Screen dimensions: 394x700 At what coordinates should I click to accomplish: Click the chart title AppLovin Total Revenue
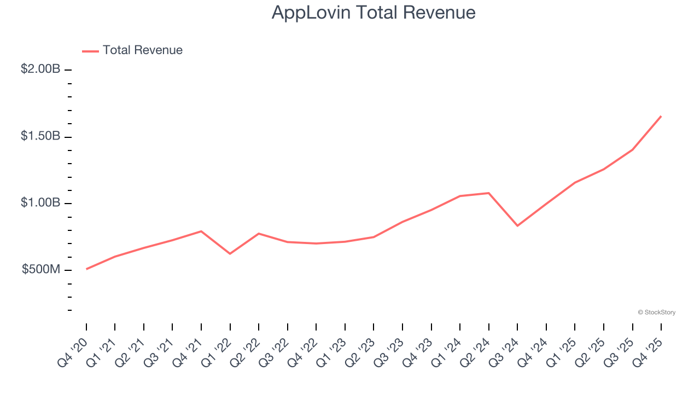click(x=374, y=13)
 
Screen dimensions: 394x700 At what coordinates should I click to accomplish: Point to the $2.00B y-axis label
click(x=40, y=69)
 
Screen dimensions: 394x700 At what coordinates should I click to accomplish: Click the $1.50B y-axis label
click(x=40, y=136)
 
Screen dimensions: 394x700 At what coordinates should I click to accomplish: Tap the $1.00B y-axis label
click(x=40, y=203)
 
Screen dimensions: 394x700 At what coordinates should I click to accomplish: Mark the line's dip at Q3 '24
click(x=517, y=225)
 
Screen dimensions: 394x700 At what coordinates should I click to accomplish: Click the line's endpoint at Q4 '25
click(x=661, y=116)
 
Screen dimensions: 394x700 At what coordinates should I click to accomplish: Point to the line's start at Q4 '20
click(x=86, y=269)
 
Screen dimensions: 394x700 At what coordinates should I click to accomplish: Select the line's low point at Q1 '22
click(x=230, y=253)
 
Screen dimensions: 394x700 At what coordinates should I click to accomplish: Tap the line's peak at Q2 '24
click(x=488, y=193)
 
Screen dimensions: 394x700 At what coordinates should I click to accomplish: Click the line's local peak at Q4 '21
click(x=201, y=231)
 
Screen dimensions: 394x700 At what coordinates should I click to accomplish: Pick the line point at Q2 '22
click(x=259, y=234)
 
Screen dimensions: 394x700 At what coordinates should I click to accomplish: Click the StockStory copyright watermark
click(x=656, y=312)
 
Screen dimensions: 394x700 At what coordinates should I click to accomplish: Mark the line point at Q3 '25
click(x=632, y=149)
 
